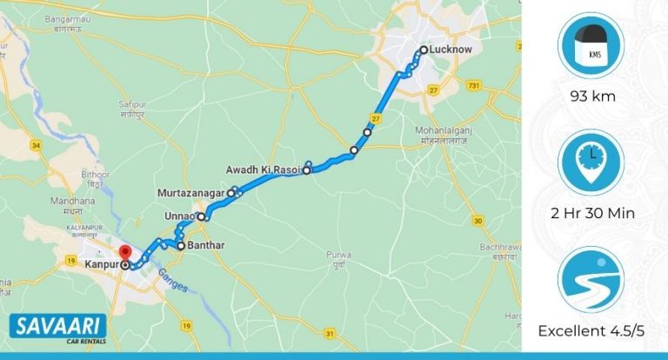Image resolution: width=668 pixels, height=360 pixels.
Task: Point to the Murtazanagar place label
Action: [191, 191]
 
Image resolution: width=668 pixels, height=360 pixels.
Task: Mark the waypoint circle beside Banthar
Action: [181, 246]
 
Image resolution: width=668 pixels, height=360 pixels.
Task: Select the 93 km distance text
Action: [593, 96]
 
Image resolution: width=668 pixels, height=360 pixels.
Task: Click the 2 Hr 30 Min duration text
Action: [593, 213]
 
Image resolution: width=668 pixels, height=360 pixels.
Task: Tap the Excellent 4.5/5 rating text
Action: [593, 330]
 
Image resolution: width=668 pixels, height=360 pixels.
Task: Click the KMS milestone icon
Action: [592, 45]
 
